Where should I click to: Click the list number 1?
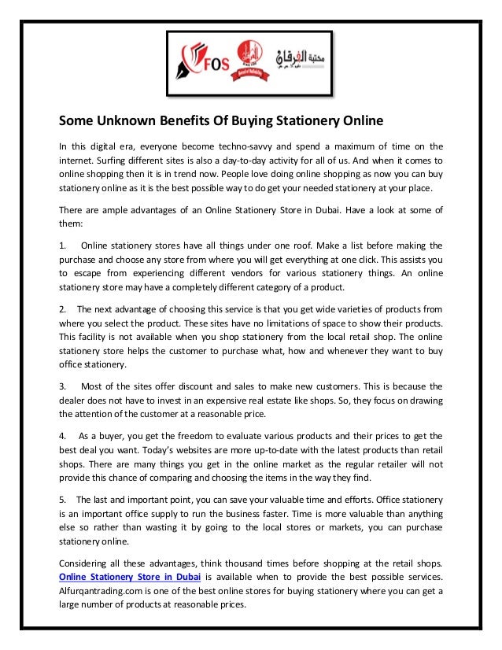click(x=63, y=245)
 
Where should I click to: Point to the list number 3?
click(x=63, y=386)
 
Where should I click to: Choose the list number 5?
click(x=63, y=500)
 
